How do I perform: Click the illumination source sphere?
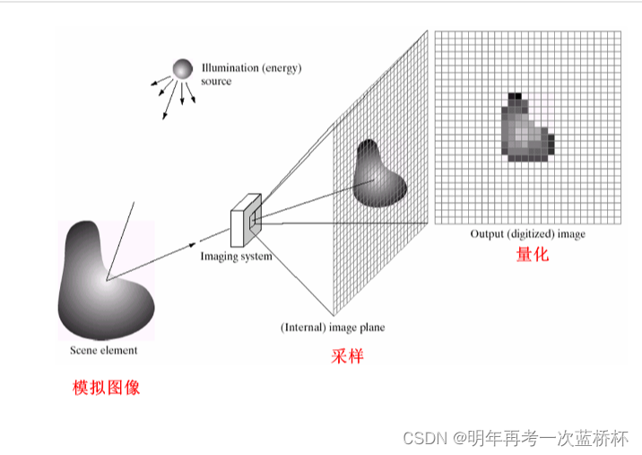point(183,69)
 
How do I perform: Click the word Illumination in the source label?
point(228,68)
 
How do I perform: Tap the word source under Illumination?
point(216,82)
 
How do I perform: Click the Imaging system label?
point(236,257)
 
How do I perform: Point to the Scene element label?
point(104,350)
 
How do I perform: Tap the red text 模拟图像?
point(106,389)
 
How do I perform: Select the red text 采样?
point(347,356)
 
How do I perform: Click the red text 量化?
point(532,254)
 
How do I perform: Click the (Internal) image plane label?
point(333,328)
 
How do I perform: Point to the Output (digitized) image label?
point(527,234)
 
